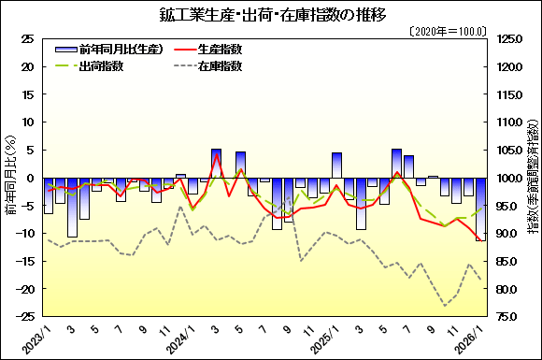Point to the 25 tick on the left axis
tap(28, 39)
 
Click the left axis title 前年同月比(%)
tap(10, 178)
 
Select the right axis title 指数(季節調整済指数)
tap(532, 178)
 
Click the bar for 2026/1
tap(480, 209)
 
